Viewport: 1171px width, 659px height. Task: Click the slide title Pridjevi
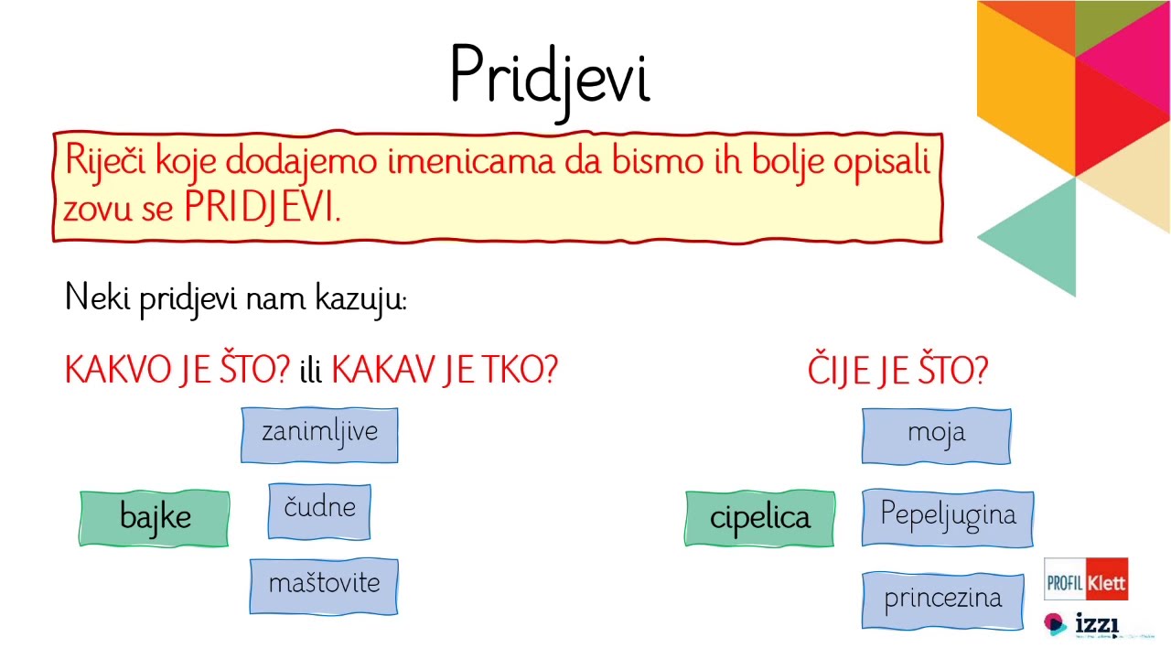tap(550, 75)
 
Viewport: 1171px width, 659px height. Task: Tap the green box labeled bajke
tap(155, 518)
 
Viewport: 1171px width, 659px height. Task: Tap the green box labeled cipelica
tap(759, 518)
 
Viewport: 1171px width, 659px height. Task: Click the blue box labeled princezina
tap(942, 600)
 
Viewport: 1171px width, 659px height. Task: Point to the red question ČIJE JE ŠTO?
tap(897, 371)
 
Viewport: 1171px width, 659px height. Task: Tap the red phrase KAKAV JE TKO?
tap(444, 370)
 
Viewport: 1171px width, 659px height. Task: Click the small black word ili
tap(311, 372)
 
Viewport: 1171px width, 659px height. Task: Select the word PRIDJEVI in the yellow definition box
tap(262, 209)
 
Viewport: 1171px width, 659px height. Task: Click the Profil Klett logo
tap(1086, 579)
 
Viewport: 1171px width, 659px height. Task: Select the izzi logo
tap(1082, 624)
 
